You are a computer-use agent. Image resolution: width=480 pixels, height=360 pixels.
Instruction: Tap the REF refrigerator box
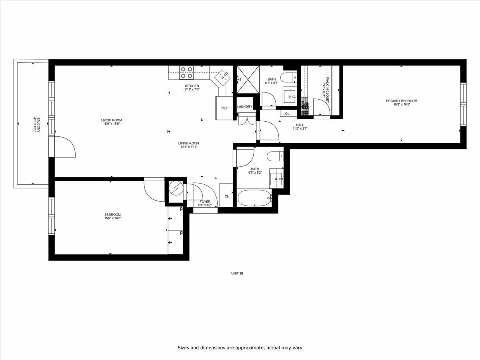click(x=224, y=108)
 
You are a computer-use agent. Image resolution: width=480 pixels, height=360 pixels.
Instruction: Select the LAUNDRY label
click(x=244, y=107)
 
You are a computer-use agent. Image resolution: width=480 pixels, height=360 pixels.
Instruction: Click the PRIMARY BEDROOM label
click(x=402, y=101)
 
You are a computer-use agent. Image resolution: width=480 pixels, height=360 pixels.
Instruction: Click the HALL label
click(x=300, y=125)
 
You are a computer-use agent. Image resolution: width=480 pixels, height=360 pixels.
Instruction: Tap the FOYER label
click(x=205, y=202)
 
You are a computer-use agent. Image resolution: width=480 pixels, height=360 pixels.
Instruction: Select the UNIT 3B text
click(x=237, y=274)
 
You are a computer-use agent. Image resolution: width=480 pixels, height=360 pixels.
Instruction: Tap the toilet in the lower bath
click(x=275, y=156)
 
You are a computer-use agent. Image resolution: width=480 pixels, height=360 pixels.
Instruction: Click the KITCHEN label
click(x=192, y=86)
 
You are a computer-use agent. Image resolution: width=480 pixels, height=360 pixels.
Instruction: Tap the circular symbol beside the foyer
click(x=175, y=188)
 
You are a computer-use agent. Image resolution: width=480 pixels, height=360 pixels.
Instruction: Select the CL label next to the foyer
click(x=226, y=196)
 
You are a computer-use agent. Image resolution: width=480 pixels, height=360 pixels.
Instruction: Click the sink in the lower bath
click(x=276, y=178)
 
